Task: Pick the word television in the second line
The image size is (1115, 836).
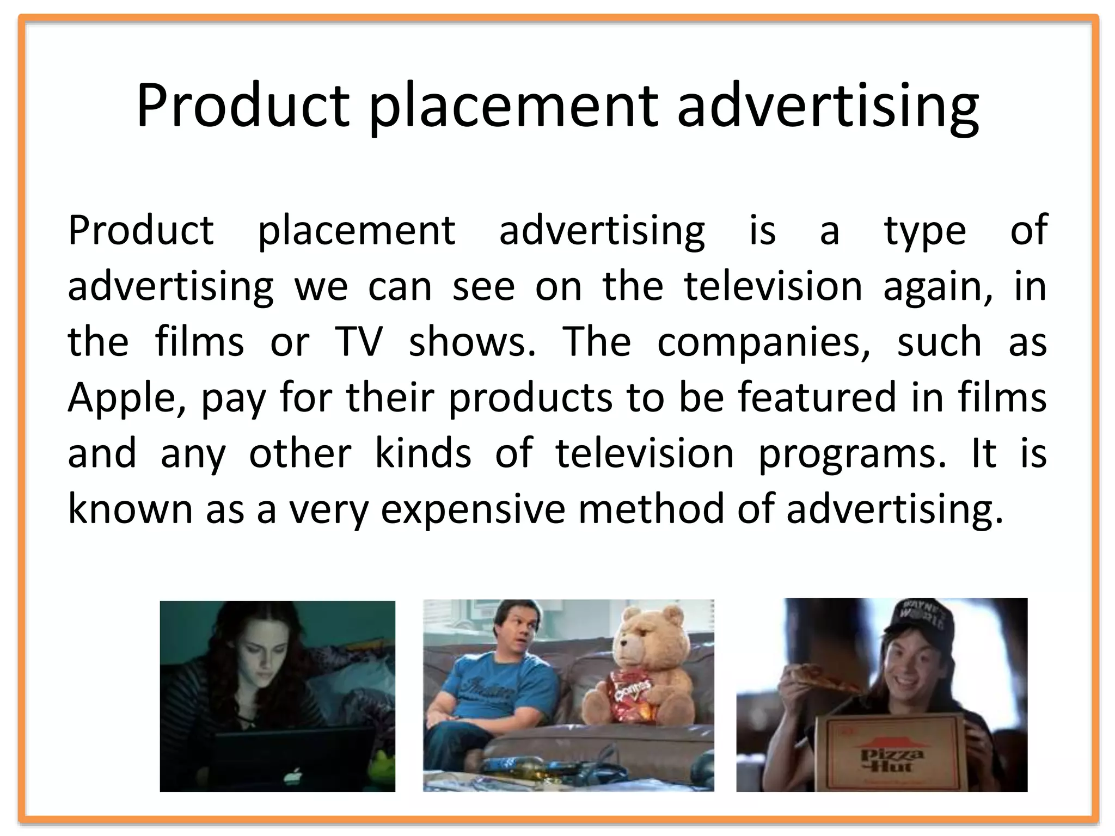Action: coord(773,286)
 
